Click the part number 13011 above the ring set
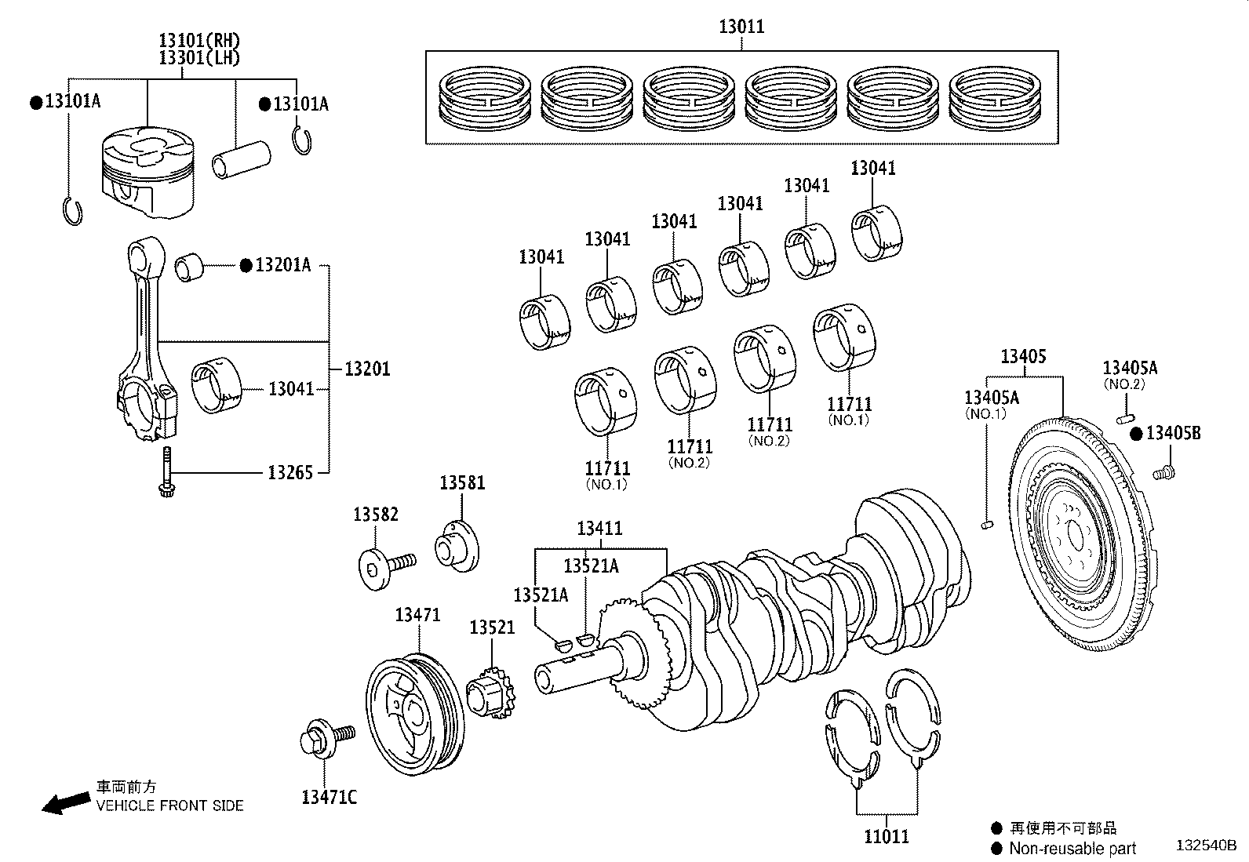[741, 27]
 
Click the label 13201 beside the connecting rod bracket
[367, 369]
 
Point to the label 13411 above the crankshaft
[599, 529]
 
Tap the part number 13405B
[1173, 433]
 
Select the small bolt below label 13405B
[1165, 472]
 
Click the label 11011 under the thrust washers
[887, 837]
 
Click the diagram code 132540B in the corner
[1206, 846]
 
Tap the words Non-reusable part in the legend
[1072, 849]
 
